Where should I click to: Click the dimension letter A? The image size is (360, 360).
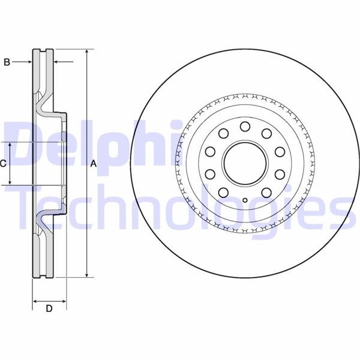tap(94, 164)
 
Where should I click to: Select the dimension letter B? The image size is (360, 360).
tap(7, 62)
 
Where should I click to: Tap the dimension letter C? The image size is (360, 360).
tap(3, 163)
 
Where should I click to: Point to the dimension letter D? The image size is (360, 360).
tap(49, 308)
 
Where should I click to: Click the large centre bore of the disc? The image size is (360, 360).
tap(245, 163)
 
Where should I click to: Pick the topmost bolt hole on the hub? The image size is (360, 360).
tap(245, 127)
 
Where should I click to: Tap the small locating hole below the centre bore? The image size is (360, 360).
tap(245, 200)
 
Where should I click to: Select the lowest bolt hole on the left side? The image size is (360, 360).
tap(223, 193)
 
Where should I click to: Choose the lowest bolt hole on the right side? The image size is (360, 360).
tap(266, 193)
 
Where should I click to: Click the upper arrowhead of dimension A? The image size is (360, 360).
tap(86, 52)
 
